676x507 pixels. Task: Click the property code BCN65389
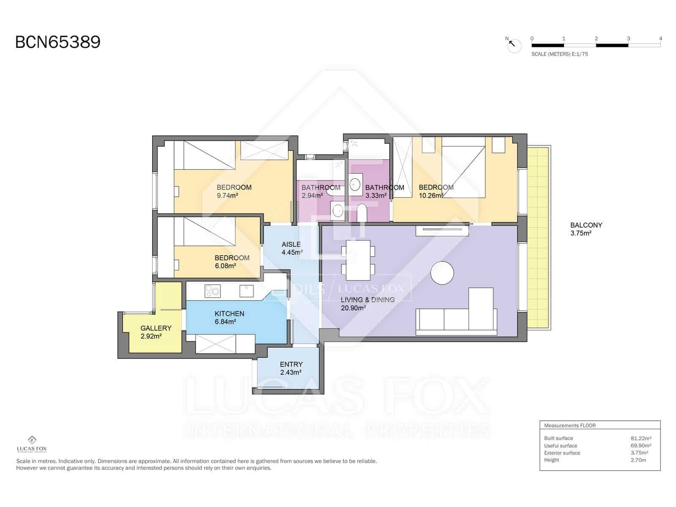[x=58, y=43]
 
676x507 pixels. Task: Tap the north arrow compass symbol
[x=514, y=45]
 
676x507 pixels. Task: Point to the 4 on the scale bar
[x=660, y=38]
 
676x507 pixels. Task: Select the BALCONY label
[x=586, y=225]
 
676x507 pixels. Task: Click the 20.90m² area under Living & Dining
[x=353, y=308]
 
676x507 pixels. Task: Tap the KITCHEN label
[x=229, y=313]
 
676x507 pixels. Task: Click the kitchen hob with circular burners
[x=213, y=291]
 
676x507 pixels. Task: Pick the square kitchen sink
[x=246, y=291]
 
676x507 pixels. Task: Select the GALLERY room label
[x=156, y=328]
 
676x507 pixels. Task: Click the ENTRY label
[x=291, y=364]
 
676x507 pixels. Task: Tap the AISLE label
[x=291, y=244]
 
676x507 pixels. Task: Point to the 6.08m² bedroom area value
[x=225, y=266]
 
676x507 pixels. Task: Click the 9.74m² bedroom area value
[x=227, y=196]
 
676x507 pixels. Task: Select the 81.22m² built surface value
[x=641, y=439]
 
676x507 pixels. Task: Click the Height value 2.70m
[x=638, y=460]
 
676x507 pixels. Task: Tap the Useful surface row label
[x=560, y=446]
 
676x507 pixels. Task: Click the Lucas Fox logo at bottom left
[x=32, y=444]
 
